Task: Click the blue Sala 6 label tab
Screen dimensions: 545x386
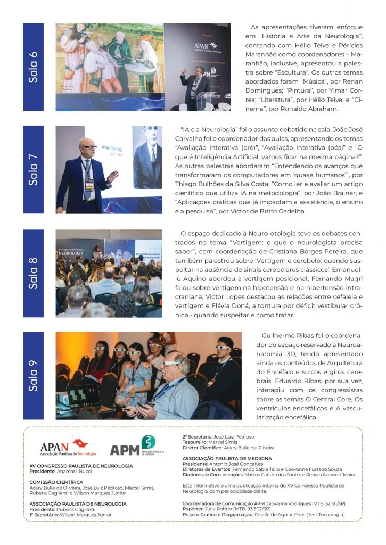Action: [x=34, y=67]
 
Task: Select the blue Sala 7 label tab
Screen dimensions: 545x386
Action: [x=34, y=169]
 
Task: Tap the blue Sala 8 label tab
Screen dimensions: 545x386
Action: [x=34, y=273]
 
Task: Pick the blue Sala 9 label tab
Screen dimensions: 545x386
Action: [x=34, y=376]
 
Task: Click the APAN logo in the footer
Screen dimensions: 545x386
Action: [x=68, y=448]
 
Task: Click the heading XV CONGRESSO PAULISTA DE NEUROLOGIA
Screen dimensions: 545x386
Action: [x=81, y=466]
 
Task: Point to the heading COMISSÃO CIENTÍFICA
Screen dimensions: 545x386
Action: [x=56, y=482]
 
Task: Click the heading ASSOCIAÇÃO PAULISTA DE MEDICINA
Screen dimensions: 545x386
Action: [x=227, y=458]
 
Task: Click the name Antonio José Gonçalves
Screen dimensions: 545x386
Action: [x=232, y=464]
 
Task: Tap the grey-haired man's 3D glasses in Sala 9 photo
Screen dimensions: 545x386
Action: [x=172, y=364]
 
